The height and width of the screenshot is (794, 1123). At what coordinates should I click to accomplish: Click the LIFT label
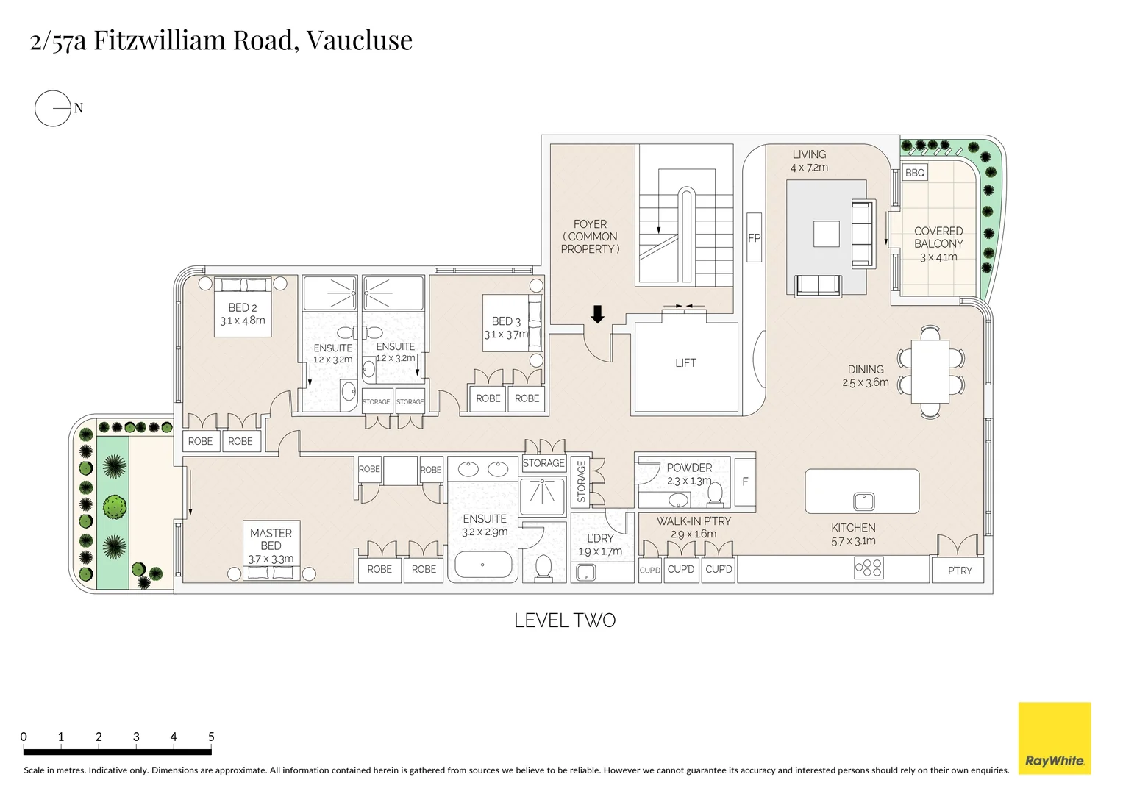685,362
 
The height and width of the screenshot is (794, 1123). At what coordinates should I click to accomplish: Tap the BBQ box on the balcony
915,173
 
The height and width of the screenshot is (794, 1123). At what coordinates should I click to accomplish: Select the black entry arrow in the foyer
597,315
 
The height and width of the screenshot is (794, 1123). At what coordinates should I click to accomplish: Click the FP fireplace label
754,237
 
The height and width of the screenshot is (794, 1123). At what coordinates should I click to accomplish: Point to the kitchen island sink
863,501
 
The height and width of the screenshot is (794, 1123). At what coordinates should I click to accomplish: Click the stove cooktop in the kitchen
869,568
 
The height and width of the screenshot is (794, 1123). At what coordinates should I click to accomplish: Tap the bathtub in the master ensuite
483,565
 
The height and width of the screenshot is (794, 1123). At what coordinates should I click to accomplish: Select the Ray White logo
1054,738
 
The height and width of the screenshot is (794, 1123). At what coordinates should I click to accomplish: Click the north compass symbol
53,109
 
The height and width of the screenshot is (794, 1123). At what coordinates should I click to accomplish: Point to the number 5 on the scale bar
211,737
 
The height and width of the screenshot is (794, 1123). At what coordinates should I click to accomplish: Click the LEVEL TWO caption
564,620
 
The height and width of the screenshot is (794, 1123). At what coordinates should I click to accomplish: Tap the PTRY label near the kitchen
959,571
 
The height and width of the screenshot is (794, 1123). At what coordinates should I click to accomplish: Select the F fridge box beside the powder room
745,482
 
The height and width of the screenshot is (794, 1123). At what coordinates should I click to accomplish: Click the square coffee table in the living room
826,235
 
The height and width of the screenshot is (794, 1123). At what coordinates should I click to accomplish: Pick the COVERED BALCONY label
938,237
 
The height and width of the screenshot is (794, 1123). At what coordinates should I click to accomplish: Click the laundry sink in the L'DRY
586,572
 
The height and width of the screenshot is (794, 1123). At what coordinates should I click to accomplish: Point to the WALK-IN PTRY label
694,521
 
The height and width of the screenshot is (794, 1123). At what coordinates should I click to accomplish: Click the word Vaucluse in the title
359,40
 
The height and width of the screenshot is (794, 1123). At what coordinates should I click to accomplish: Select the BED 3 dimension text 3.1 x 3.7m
506,335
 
